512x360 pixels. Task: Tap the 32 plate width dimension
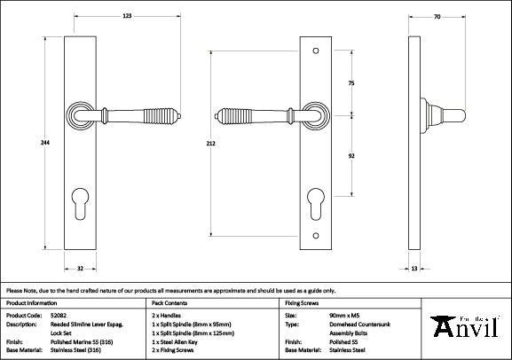pyautogui.click(x=80, y=267)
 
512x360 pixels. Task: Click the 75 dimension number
pyautogui.click(x=351, y=82)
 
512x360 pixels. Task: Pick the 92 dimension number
pyautogui.click(x=351, y=153)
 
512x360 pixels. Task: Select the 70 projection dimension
pyautogui.click(x=438, y=15)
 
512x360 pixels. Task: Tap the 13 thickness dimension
pyautogui.click(x=415, y=267)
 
